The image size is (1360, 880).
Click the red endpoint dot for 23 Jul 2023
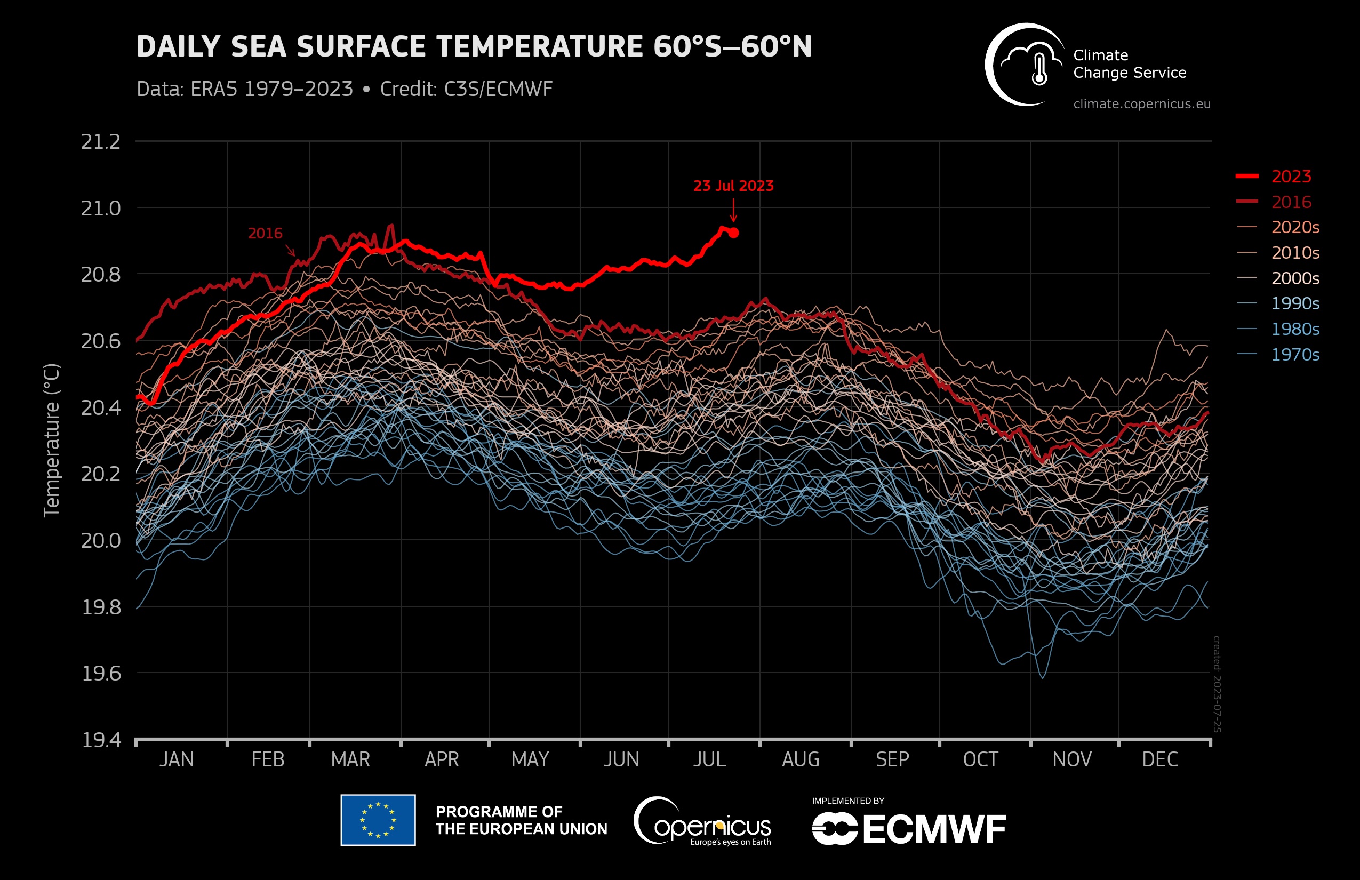pyautogui.click(x=734, y=233)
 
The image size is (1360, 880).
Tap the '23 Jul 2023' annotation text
pyautogui.click(x=733, y=186)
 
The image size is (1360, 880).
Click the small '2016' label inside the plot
pyautogui.click(x=265, y=233)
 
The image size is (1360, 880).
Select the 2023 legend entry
pyautogui.click(x=1291, y=177)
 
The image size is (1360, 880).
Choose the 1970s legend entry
pyautogui.click(x=1295, y=355)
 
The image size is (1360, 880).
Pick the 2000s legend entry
pyautogui.click(x=1295, y=278)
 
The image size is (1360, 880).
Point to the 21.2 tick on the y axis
pyautogui.click(x=101, y=142)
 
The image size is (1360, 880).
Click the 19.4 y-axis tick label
pyautogui.click(x=101, y=740)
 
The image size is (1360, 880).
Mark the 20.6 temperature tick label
pyautogui.click(x=101, y=341)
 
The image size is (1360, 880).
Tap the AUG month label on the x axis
pyautogui.click(x=801, y=759)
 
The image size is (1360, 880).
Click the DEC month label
pyautogui.click(x=1159, y=759)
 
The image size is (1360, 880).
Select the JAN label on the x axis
pyautogui.click(x=177, y=759)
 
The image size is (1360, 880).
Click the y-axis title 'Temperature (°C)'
pyautogui.click(x=51, y=440)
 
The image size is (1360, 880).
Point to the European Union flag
pyautogui.click(x=378, y=820)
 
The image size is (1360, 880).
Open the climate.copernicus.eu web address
pyautogui.click(x=1142, y=104)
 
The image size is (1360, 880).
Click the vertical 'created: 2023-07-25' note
pyautogui.click(x=1217, y=683)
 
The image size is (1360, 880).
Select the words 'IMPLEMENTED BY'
pyautogui.click(x=847, y=801)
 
